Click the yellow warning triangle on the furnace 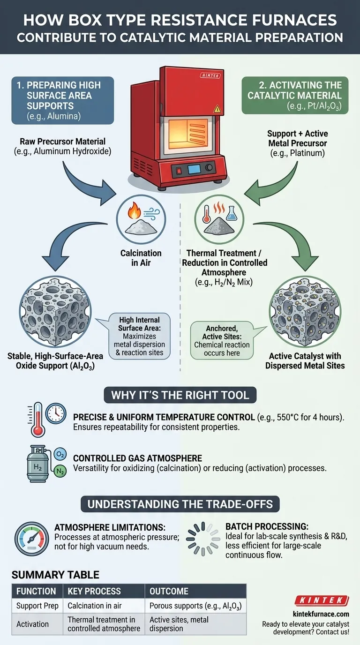(217, 109)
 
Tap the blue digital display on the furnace (192, 168)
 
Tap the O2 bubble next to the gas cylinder (60, 454)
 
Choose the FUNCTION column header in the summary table (36, 591)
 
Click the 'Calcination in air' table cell (96, 606)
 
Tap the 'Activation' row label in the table (32, 624)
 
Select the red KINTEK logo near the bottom (322, 600)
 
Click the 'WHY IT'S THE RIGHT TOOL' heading (180, 394)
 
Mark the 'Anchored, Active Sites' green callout (222, 340)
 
